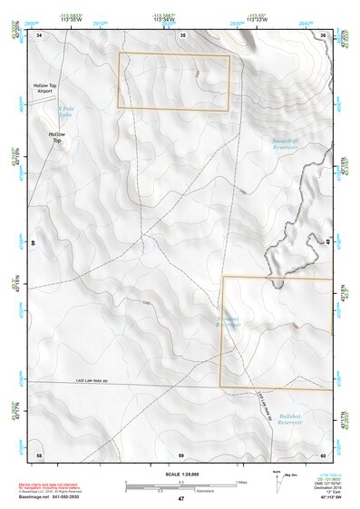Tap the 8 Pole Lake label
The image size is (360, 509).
coord(61,113)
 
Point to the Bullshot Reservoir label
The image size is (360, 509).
coord(289,418)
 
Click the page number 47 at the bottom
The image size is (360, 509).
coord(180,499)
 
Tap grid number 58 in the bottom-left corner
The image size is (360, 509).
coord(39,454)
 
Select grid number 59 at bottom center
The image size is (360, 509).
coord(180,454)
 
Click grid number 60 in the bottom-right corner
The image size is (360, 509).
coord(322,454)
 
